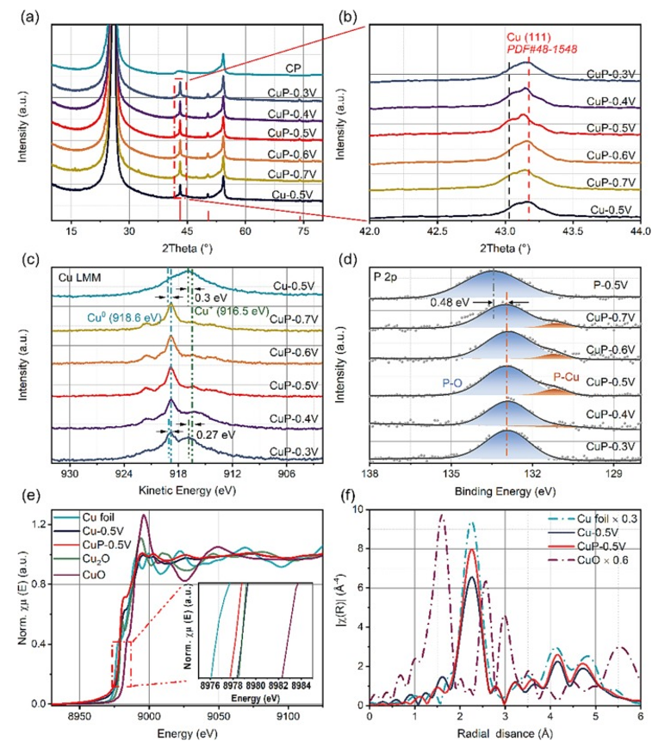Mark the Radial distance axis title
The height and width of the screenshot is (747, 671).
click(505, 735)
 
